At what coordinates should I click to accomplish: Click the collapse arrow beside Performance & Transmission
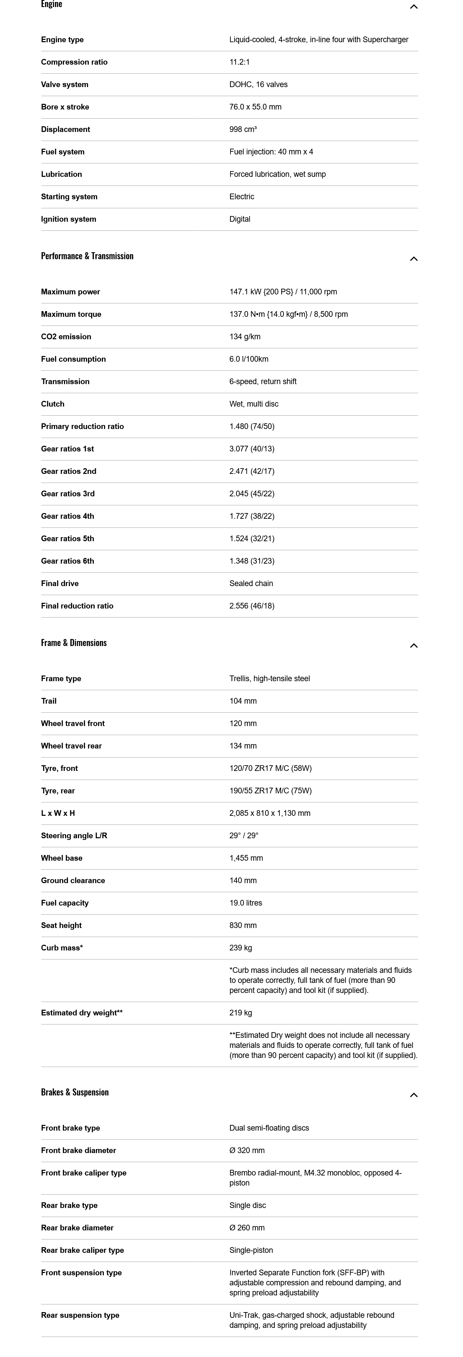click(413, 259)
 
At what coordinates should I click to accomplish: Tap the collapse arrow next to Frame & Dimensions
click(413, 645)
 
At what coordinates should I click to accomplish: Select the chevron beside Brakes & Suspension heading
click(413, 1095)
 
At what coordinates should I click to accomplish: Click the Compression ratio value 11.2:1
click(239, 62)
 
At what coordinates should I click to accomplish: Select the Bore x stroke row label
click(65, 107)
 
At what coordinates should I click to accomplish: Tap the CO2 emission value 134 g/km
click(245, 337)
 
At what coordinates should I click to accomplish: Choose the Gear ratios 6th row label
click(67, 561)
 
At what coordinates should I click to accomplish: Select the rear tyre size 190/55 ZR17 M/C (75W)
click(270, 791)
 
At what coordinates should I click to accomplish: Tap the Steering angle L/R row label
click(74, 836)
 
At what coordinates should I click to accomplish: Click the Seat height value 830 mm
click(243, 925)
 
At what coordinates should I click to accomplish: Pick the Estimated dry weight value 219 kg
click(240, 1012)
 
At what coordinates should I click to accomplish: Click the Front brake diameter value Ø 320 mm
click(247, 1150)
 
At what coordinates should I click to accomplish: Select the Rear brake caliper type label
click(82, 1250)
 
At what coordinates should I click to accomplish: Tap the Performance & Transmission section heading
click(87, 256)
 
